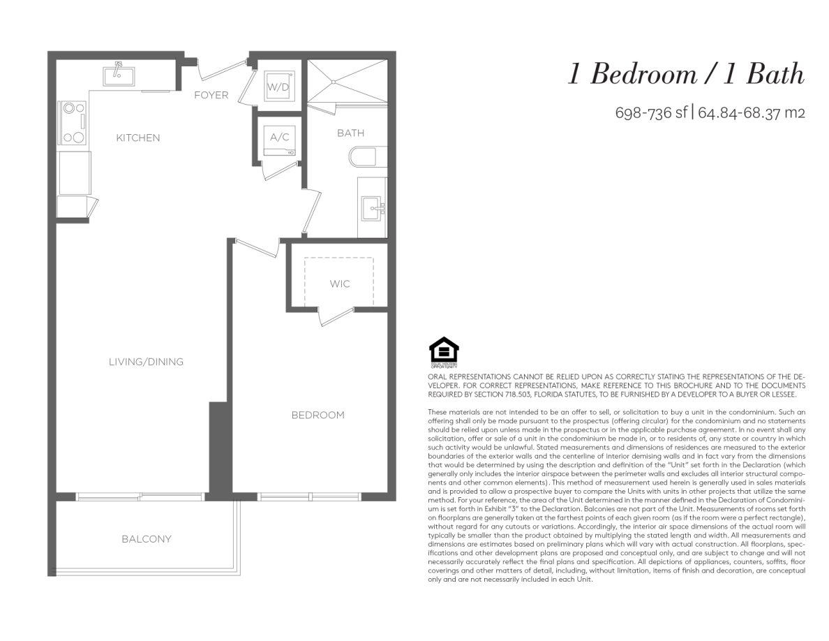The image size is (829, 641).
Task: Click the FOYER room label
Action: pyautogui.click(x=211, y=95)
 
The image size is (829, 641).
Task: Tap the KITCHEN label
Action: pyautogui.click(x=138, y=138)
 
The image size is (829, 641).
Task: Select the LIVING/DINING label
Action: pyautogui.click(x=146, y=362)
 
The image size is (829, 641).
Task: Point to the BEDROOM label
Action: pyautogui.click(x=318, y=415)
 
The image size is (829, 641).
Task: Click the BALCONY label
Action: pyautogui.click(x=147, y=539)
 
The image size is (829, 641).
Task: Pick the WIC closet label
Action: pyautogui.click(x=339, y=284)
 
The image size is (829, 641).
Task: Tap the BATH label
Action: pyautogui.click(x=350, y=133)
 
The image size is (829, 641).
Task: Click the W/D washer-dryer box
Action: pyautogui.click(x=279, y=86)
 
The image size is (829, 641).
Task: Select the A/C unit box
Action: pyautogui.click(x=279, y=141)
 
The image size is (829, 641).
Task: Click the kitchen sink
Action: pyautogui.click(x=119, y=75)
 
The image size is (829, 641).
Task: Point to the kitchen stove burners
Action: pyautogui.click(x=74, y=123)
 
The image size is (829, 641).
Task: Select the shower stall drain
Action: pyautogui.click(x=333, y=82)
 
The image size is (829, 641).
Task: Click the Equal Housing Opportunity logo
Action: pyautogui.click(x=443, y=353)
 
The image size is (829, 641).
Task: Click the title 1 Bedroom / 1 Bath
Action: pyautogui.click(x=686, y=73)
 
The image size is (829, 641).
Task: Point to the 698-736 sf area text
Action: pyautogui.click(x=651, y=112)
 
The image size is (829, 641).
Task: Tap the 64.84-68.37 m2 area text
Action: pyautogui.click(x=752, y=112)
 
